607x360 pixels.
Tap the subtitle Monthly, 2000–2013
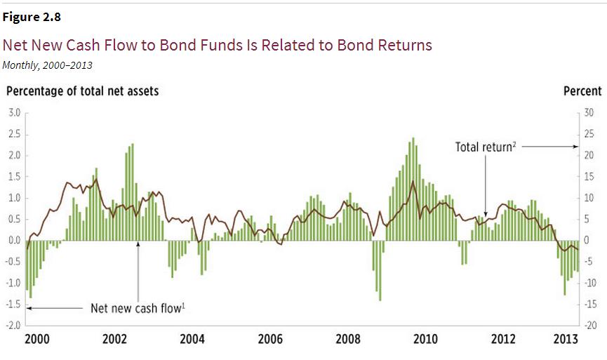tap(47, 65)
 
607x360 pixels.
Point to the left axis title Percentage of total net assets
tap(82, 91)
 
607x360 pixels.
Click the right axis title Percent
tap(582, 91)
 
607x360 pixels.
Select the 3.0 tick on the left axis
tap(13, 112)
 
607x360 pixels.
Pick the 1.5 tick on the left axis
tap(13, 177)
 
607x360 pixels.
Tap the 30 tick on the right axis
tap(589, 112)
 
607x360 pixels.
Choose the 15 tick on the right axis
tap(589, 177)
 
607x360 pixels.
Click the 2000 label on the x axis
tap(36, 340)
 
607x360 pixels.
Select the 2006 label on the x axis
tap(270, 340)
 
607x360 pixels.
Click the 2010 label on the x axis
tap(425, 340)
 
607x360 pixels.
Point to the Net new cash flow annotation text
tap(138, 308)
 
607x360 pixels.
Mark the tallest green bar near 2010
tap(413, 189)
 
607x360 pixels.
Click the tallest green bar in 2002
tap(132, 192)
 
